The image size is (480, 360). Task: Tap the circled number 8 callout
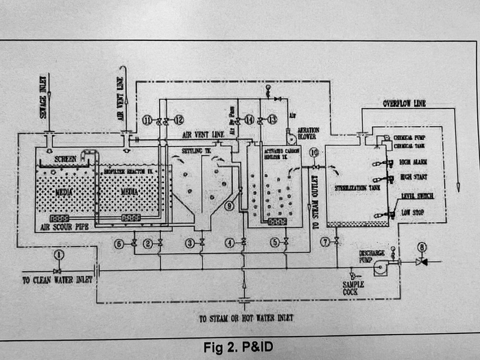(422, 248)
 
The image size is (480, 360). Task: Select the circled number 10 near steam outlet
(314, 153)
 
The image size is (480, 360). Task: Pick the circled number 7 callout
(326, 243)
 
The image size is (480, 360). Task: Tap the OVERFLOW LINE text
(404, 104)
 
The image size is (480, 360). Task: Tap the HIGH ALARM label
(413, 162)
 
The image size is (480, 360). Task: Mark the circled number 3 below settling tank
(189, 243)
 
